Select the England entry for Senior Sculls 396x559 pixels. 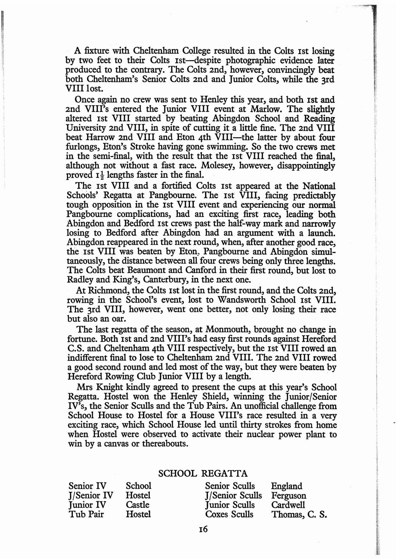[x=286, y=486]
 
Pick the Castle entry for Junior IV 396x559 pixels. [x=137, y=505]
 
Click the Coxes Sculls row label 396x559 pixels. [x=229, y=514]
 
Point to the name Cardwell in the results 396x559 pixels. [x=288, y=505]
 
